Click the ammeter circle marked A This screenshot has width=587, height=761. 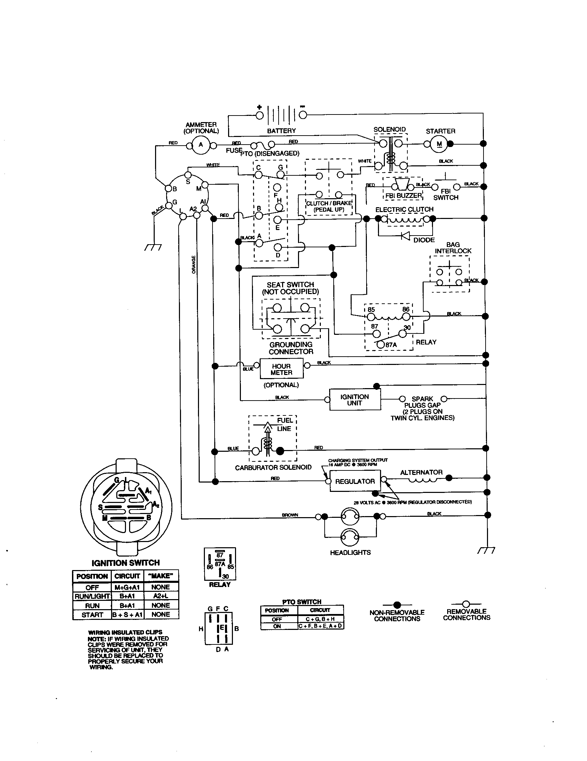click(x=201, y=145)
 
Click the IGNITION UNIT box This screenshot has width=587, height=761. click(x=354, y=400)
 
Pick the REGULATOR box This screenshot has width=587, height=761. click(x=355, y=481)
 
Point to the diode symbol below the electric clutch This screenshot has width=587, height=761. click(x=405, y=236)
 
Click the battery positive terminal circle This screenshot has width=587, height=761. click(x=259, y=115)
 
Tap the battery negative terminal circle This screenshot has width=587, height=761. click(x=302, y=115)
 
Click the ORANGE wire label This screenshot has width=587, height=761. click(x=194, y=265)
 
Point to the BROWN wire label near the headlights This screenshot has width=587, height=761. click(x=290, y=515)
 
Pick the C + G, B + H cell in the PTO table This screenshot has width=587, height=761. click(x=320, y=619)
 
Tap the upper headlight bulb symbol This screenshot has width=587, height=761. click(x=350, y=517)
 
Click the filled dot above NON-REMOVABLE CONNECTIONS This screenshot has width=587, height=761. click(x=397, y=605)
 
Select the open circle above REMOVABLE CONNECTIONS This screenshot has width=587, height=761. click(x=466, y=604)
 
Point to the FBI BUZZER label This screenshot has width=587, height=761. click(x=403, y=195)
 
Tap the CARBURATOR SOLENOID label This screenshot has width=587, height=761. click(x=273, y=467)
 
